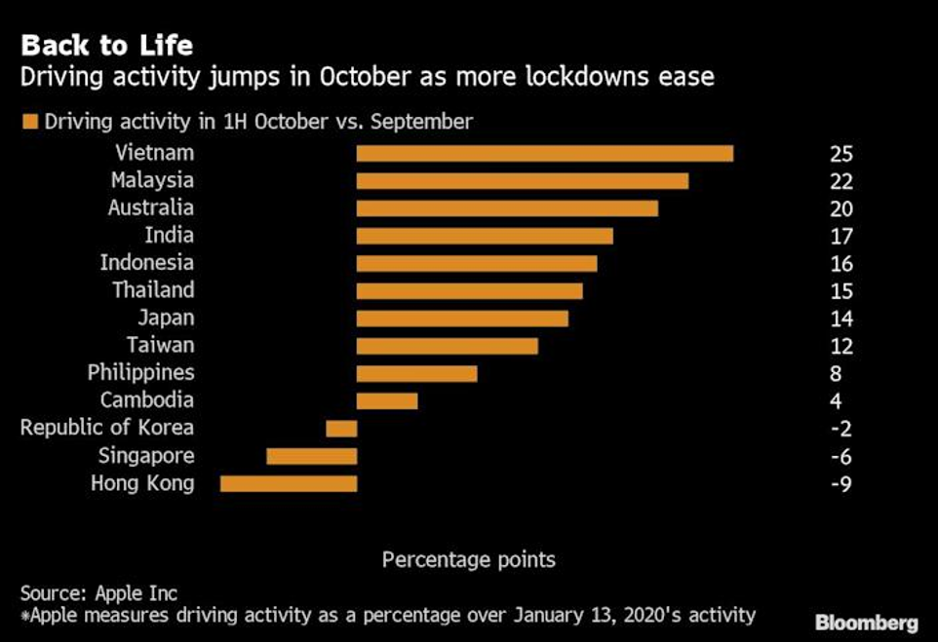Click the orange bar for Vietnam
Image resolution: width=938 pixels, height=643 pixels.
[x=544, y=153]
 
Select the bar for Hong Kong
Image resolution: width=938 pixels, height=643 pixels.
[x=289, y=483]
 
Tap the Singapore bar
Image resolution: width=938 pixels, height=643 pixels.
[x=312, y=456]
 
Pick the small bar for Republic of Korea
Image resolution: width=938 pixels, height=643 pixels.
[x=341, y=429]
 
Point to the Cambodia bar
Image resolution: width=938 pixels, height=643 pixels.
[x=387, y=400]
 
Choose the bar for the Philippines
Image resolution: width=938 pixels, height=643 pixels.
[x=416, y=373]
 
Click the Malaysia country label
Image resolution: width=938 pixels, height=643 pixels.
[x=152, y=180]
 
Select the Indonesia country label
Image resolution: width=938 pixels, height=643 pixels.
[x=146, y=263]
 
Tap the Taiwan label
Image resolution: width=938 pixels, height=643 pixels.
[x=160, y=345]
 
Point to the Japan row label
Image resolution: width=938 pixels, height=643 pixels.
[x=166, y=318]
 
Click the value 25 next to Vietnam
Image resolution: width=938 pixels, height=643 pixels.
[x=841, y=154]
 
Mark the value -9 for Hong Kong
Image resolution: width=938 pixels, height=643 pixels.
[x=840, y=484]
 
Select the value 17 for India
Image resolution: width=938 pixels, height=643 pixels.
[x=841, y=236]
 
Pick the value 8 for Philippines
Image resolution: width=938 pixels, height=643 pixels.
[x=836, y=373]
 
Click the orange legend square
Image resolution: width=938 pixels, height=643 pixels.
[x=29, y=122]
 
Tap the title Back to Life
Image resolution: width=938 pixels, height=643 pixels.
[x=106, y=46]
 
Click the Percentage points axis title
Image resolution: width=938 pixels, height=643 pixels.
[x=468, y=560]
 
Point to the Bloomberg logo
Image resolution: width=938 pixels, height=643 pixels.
[x=866, y=624]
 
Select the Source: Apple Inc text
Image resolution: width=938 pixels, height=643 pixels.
[x=98, y=592]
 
